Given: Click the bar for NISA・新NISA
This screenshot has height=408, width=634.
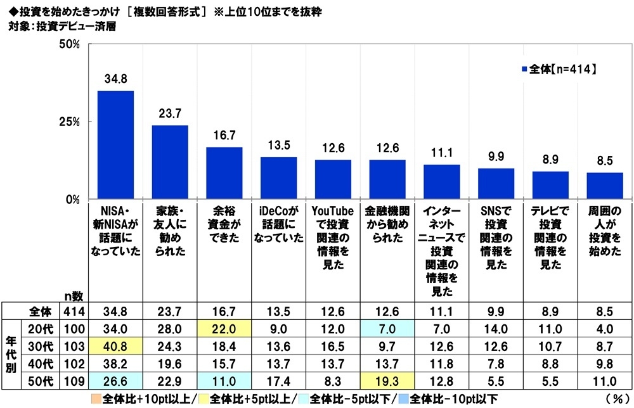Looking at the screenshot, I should pos(115,145).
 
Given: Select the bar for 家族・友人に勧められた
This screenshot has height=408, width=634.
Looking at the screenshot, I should pos(169,162).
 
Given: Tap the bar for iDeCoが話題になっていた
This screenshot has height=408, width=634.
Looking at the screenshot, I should pos(278,178).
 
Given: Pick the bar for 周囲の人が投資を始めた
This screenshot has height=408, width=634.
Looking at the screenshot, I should pos(605,186).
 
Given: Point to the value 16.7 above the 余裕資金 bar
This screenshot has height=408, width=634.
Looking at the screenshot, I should pos(224,136).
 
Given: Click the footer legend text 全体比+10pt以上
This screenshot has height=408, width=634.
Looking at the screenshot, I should pos(126,399).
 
